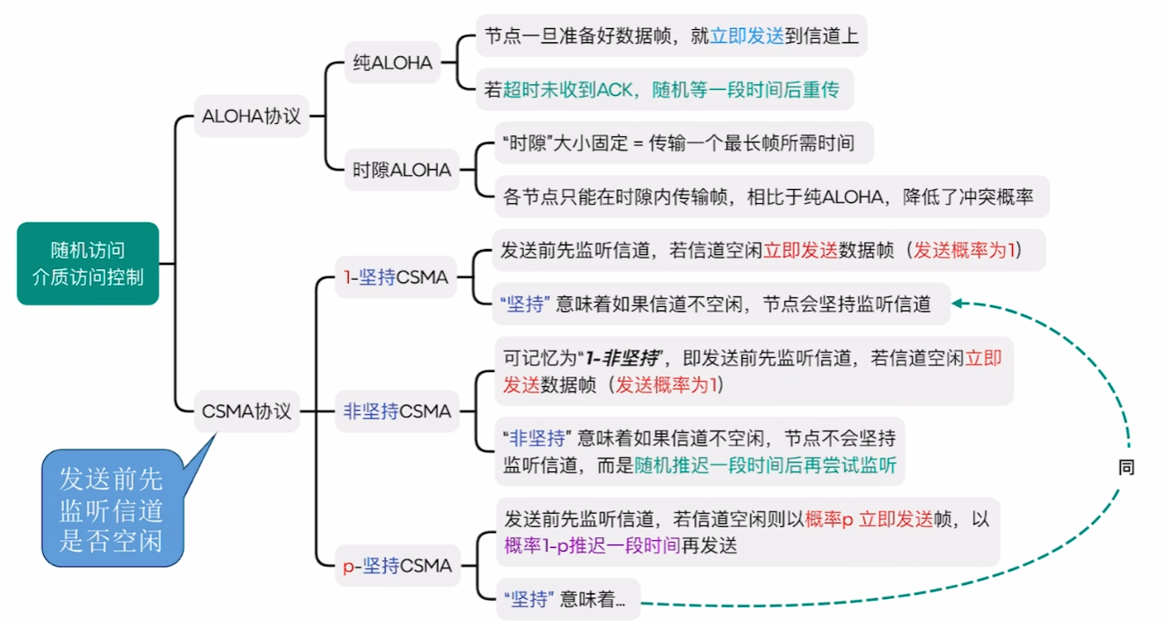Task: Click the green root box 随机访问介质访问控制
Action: tap(88, 263)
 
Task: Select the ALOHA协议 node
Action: tap(251, 116)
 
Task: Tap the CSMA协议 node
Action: tap(246, 411)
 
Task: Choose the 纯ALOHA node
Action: tap(392, 62)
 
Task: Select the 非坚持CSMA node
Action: tap(397, 411)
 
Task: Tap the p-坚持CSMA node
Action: tap(397, 566)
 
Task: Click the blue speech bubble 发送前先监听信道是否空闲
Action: tap(113, 508)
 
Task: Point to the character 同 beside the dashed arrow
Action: tap(1126, 468)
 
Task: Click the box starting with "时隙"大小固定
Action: tap(683, 142)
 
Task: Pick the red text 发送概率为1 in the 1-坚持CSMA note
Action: tap(964, 250)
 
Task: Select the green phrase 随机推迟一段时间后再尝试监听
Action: tap(765, 465)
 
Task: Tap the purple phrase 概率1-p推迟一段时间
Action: tap(592, 544)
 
